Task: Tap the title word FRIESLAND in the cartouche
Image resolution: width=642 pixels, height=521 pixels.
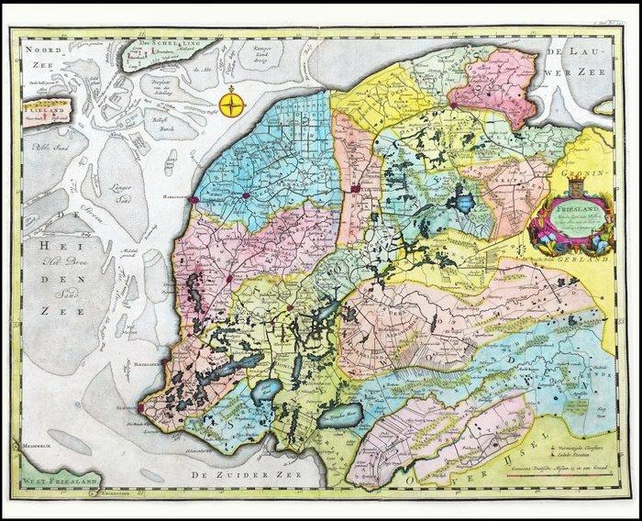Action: point(565,207)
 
